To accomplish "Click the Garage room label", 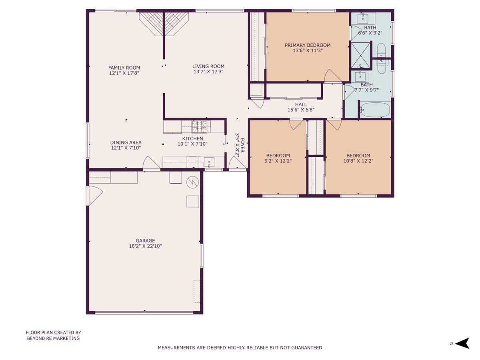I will click(x=145, y=241).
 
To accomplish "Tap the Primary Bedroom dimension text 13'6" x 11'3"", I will click(x=308, y=51).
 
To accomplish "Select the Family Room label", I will click(x=124, y=68).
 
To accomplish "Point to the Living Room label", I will click(x=208, y=66).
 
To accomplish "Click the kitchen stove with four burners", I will click(x=200, y=127).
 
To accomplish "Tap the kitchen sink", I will click(x=209, y=162).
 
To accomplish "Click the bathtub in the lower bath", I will click(x=374, y=110).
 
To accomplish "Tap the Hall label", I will click(x=301, y=104).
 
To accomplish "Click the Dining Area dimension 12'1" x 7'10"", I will click(x=126, y=148).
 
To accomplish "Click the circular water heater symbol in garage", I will click(x=193, y=182).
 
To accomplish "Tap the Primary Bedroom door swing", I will click(x=332, y=76).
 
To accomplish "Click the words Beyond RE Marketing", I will click(x=53, y=338).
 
